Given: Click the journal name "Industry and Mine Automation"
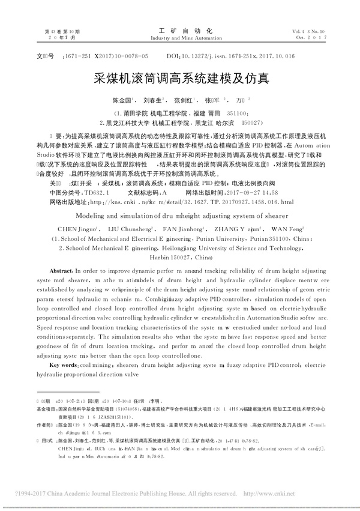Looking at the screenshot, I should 181,37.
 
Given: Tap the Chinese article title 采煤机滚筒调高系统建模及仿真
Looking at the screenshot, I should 181,78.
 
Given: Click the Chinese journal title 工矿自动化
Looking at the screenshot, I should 181,29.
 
